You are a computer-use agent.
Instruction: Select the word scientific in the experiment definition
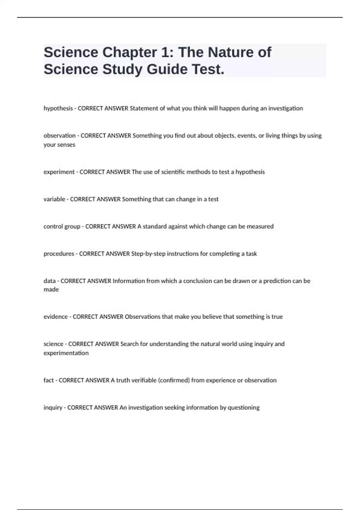tap(173, 172)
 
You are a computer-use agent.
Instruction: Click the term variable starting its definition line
tap(54, 199)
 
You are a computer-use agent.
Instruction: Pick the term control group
tap(62, 226)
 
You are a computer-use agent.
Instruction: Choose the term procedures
tap(59, 254)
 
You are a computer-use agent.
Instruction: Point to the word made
tap(51, 289)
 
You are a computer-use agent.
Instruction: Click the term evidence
tap(55, 317)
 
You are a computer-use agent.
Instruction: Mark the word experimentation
tap(66, 353)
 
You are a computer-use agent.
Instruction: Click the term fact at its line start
tap(49, 380)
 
